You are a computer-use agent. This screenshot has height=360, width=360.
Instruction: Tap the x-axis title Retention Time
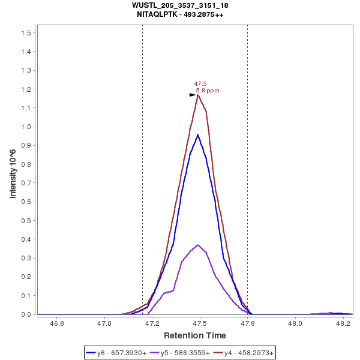click(195, 335)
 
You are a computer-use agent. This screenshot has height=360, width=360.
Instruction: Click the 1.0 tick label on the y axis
click(25, 127)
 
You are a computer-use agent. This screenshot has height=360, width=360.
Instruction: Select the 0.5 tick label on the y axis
click(25, 220)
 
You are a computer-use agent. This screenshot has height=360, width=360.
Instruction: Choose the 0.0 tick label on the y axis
click(25, 314)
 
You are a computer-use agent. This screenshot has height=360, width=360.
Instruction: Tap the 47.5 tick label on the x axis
click(200, 323)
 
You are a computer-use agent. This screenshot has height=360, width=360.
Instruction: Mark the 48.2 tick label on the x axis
click(343, 323)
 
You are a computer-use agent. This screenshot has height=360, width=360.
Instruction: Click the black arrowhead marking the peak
click(193, 95)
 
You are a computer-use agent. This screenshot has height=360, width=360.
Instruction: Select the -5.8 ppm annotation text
click(206, 91)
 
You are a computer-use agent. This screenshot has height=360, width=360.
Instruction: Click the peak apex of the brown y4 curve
click(198, 95)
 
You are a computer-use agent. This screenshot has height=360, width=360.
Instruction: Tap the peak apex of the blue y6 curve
click(198, 134)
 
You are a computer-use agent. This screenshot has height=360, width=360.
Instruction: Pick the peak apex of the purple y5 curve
click(198, 245)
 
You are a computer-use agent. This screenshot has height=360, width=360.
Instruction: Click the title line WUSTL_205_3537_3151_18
click(180, 5)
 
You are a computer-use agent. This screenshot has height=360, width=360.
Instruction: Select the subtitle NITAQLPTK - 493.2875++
click(180, 14)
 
